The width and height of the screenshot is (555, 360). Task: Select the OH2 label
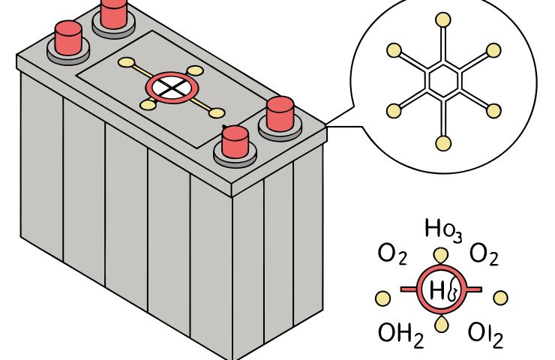coord(401,334)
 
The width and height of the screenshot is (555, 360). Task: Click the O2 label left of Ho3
coord(392,256)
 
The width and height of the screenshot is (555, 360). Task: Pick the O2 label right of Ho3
coord(484,256)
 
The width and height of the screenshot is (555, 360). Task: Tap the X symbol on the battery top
coord(173,88)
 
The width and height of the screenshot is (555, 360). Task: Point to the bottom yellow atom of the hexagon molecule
coord(443,142)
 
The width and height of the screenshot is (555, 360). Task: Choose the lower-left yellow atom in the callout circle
coord(394,111)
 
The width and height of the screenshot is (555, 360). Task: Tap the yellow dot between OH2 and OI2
coord(443,323)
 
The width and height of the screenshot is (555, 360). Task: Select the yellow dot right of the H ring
coord(500,298)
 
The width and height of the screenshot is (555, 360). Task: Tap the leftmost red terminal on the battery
coord(67,37)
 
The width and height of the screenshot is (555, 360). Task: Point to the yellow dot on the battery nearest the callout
coord(217,113)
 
